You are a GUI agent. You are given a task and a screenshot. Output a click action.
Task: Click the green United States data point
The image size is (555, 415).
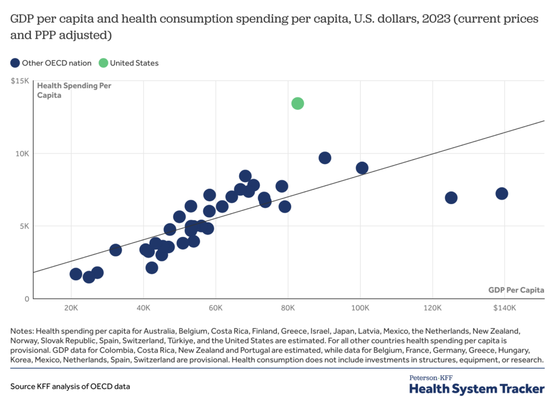click(x=298, y=103)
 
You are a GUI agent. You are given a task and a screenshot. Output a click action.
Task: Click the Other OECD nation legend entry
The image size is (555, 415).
click(x=51, y=63)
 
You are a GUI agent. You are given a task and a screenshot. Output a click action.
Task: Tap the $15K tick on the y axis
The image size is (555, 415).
click(x=20, y=81)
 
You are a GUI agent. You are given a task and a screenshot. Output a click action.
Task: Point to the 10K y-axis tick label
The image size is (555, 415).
click(x=22, y=154)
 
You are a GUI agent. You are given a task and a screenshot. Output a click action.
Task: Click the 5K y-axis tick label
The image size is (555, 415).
click(x=23, y=226)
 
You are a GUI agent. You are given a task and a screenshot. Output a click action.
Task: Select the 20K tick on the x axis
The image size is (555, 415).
click(x=71, y=308)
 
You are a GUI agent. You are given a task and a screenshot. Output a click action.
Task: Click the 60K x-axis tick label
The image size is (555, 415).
click(x=216, y=308)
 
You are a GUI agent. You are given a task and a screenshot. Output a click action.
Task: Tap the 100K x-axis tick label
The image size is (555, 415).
click(x=360, y=308)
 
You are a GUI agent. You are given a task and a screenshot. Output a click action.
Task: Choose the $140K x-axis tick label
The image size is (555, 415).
click(x=504, y=308)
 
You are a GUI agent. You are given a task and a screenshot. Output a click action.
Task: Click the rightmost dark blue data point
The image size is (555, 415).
click(x=502, y=194)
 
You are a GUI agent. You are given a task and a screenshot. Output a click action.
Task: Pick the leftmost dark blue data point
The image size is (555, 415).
click(x=76, y=274)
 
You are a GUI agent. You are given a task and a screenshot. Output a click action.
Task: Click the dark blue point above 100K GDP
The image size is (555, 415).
click(x=362, y=168)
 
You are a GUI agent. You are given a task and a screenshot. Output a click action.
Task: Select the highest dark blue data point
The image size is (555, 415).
click(x=325, y=158)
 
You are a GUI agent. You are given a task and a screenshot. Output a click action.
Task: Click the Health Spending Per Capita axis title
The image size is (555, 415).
click(x=74, y=90)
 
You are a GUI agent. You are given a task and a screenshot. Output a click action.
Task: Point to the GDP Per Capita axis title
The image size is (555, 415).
click(x=516, y=290)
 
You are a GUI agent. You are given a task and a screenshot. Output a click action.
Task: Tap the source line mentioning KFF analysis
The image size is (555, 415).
click(x=70, y=387)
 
